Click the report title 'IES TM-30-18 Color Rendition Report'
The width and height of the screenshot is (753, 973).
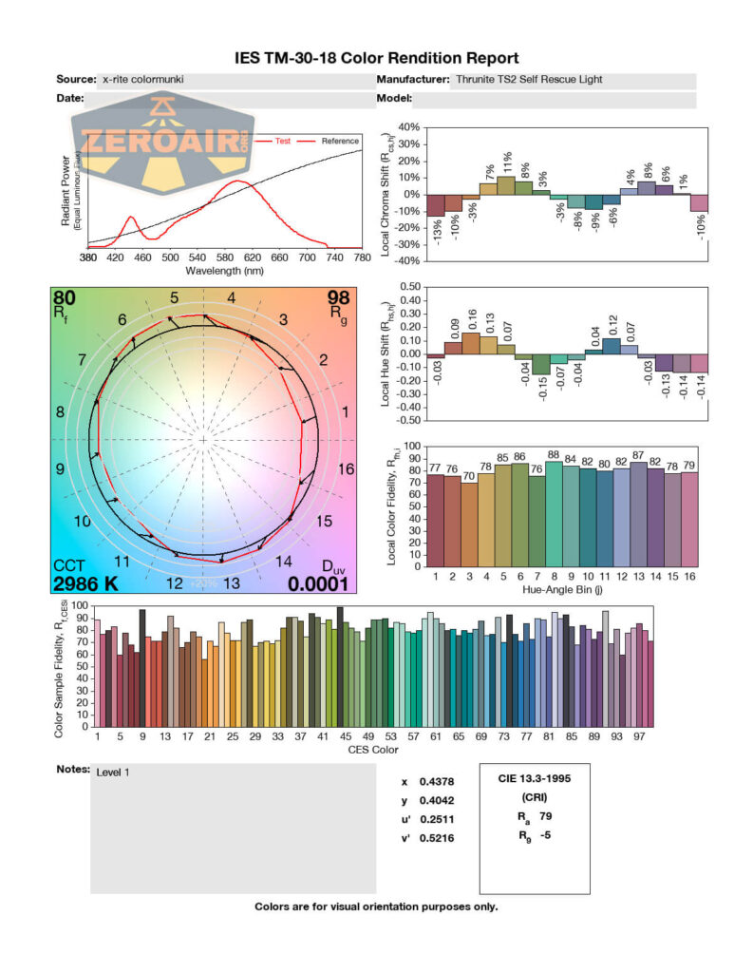[376, 59]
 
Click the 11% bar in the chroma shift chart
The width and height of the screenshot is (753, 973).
[506, 185]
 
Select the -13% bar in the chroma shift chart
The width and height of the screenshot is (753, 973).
[435, 205]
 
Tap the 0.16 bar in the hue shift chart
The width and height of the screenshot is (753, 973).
[471, 344]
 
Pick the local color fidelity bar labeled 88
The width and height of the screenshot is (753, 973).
[554, 513]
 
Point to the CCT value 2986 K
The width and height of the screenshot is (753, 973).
[85, 583]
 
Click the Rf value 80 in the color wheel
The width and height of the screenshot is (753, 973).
[65, 298]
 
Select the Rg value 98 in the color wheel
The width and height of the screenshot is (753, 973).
[338, 298]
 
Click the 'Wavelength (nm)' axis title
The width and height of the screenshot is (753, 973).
[225, 270]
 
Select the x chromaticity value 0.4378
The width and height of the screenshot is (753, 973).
[436, 782]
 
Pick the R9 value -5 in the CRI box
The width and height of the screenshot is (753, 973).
[547, 836]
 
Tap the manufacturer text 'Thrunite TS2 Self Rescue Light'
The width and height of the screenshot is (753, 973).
[529, 81]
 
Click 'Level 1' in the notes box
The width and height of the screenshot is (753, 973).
[113, 772]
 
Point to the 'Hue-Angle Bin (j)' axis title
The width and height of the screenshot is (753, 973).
[567, 589]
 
